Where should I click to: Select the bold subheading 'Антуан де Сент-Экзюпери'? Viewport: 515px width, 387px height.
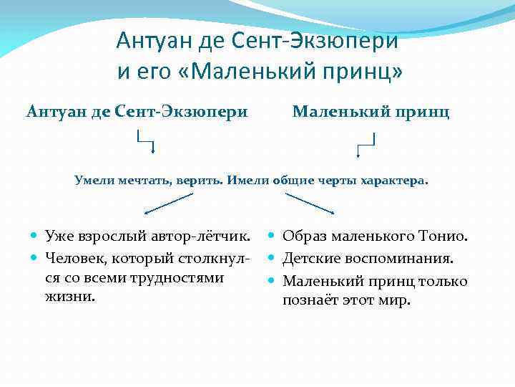[x=137, y=112]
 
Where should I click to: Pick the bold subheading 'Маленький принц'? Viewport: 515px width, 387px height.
[x=371, y=112]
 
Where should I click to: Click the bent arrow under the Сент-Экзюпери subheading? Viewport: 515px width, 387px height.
[x=146, y=143]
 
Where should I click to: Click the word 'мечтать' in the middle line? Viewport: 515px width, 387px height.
[x=142, y=180]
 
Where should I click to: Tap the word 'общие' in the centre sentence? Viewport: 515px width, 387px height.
[x=298, y=180]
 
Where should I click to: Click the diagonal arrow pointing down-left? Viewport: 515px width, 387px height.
[x=168, y=204]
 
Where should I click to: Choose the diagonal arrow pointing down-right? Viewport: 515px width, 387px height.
[x=309, y=204]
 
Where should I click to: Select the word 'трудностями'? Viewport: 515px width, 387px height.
[x=185, y=277]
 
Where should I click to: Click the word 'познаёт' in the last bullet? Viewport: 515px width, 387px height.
[x=310, y=300]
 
